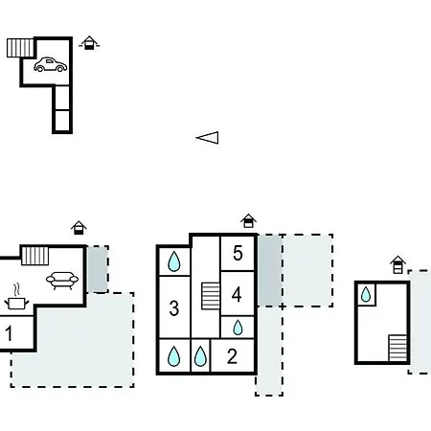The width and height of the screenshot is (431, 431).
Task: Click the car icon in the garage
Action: point(51,65)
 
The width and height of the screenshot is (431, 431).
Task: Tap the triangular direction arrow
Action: point(208,138)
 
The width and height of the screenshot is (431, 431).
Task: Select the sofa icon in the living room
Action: point(62,281)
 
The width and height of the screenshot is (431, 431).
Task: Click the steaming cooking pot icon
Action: point(16,299)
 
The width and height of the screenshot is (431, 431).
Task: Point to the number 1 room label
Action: point(9,333)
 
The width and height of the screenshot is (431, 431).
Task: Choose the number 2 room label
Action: point(232,356)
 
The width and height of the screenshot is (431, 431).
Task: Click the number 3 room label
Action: point(174,308)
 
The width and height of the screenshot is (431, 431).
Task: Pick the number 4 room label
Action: point(237,295)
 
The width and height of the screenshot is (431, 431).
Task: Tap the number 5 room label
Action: point(238,253)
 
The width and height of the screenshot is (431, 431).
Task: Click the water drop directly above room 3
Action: point(174,261)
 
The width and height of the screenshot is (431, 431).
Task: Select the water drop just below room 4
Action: point(238,328)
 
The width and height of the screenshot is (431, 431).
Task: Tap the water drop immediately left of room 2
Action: point(200,356)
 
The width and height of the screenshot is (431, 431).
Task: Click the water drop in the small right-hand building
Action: point(366,294)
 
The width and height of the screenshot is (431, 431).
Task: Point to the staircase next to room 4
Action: point(211,296)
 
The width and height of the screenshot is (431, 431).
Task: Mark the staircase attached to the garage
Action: point(20,48)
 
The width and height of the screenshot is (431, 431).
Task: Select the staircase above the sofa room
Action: point(34,256)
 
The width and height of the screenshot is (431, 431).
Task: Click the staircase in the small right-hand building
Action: point(397,348)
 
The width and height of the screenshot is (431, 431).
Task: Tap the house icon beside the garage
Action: point(89,43)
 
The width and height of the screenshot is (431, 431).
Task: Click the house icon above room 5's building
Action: point(248,221)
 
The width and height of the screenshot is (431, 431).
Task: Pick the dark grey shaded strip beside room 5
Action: point(270,270)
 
